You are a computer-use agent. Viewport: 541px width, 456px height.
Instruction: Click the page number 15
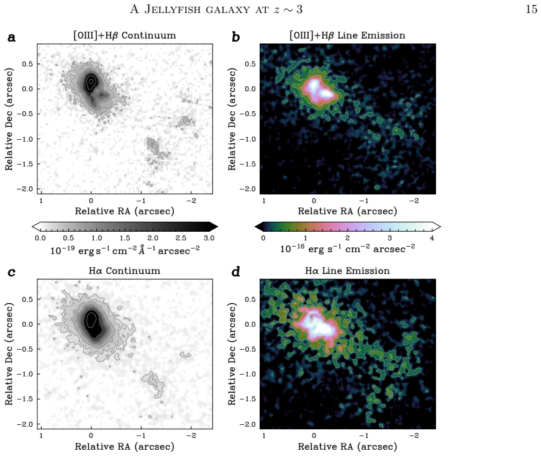click(531, 9)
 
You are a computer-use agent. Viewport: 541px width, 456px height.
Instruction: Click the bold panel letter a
click(11, 37)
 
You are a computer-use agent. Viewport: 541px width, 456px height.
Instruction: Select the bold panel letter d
click(235, 271)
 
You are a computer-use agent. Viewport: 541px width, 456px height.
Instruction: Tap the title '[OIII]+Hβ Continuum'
click(125, 35)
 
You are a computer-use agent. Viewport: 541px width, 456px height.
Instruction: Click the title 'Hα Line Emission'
click(347, 271)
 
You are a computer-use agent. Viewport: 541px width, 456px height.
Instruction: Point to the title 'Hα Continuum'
click(125, 271)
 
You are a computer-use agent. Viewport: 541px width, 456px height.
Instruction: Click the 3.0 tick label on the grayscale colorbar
click(209, 238)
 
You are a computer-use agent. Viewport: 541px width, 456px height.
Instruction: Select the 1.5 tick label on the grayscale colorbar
click(125, 238)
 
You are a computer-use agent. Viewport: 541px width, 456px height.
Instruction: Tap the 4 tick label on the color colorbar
click(432, 238)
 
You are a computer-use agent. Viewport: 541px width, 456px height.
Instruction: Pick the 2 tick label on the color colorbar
click(347, 238)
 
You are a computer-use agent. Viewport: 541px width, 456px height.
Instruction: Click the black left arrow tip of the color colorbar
click(255, 227)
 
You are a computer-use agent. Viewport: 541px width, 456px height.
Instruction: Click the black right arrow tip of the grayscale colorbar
click(218, 227)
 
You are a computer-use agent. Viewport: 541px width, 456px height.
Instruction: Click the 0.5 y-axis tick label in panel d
click(250, 299)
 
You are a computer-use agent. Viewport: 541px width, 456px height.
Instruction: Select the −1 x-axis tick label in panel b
click(363, 201)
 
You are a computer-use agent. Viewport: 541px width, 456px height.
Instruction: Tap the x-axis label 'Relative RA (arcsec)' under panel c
click(125, 446)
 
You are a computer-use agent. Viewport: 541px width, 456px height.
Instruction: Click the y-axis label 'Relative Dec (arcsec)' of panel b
click(232, 119)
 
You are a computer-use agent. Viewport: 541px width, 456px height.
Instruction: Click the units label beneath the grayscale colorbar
click(125, 250)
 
